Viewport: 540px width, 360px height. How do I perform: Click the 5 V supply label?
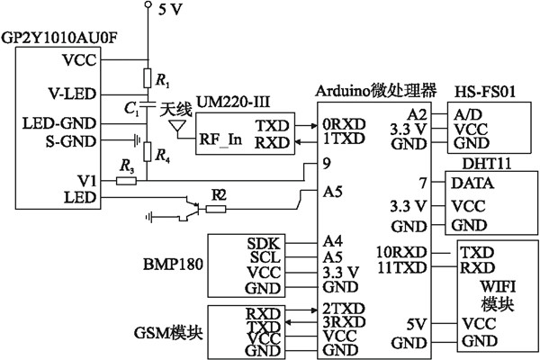point(172,12)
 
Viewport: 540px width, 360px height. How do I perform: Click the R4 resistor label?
point(162,157)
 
